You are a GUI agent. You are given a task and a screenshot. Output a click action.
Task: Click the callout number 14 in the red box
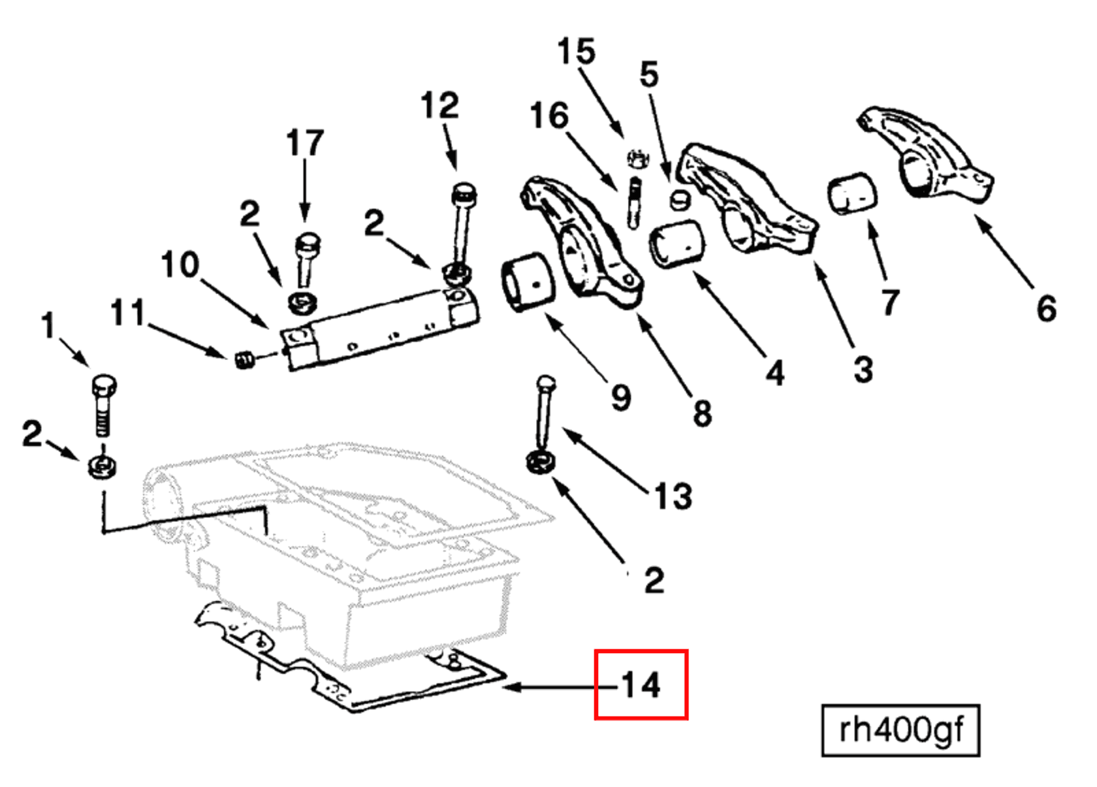pyautogui.click(x=641, y=685)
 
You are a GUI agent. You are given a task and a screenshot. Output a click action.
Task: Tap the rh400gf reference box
pyautogui.click(x=900, y=730)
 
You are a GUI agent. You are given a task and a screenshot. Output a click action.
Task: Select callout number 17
pyautogui.click(x=305, y=143)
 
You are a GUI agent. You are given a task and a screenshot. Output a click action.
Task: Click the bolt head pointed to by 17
pyautogui.click(x=307, y=245)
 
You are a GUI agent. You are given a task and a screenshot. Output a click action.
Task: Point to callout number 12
pyautogui.click(x=439, y=105)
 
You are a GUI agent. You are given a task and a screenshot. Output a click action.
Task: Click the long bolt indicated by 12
pyautogui.click(x=462, y=222)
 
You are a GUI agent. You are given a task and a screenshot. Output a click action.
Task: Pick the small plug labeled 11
pyautogui.click(x=244, y=359)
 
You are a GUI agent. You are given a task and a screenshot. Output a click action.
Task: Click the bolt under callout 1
pyautogui.click(x=103, y=405)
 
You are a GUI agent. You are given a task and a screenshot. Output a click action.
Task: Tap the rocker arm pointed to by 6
pyautogui.click(x=927, y=157)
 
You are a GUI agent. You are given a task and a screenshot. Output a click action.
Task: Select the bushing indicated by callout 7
pyautogui.click(x=852, y=193)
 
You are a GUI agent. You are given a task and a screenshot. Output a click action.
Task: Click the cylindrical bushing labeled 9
pyautogui.click(x=528, y=282)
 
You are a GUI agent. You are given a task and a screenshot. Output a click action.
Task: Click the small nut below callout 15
pyautogui.click(x=637, y=158)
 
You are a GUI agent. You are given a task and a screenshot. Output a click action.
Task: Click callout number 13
pyautogui.click(x=673, y=496)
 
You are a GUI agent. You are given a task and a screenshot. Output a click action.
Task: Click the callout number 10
pyautogui.click(x=180, y=265)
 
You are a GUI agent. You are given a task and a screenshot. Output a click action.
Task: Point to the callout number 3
pyautogui.click(x=863, y=370)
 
